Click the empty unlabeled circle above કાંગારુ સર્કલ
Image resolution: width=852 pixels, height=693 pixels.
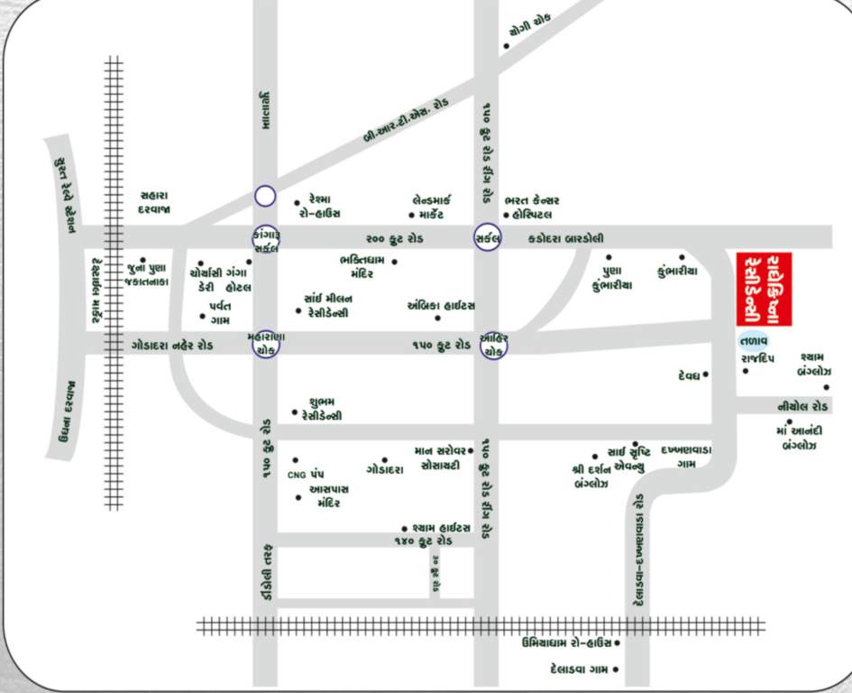pos(264,195)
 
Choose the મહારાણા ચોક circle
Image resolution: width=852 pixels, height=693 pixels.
pos(265,344)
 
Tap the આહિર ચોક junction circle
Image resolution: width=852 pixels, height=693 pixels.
pos(493,345)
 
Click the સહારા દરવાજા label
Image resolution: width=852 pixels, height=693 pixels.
pos(155,202)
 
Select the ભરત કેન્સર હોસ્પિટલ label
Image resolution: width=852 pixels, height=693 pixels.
pos(533,207)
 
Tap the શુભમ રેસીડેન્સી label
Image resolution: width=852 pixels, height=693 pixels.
pos(325,409)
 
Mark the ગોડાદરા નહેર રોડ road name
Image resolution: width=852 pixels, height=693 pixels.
pos(172,345)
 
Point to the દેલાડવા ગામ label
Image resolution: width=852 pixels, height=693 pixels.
pos(576,669)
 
